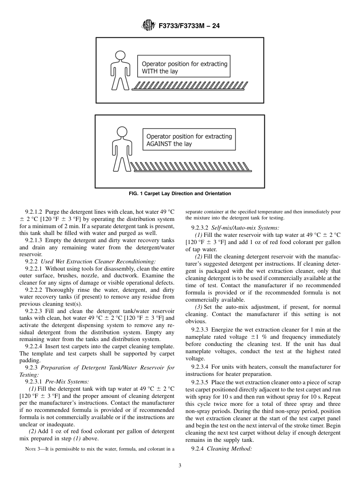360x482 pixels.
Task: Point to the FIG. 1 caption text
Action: [180, 194]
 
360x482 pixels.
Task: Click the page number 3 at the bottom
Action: [180, 466]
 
